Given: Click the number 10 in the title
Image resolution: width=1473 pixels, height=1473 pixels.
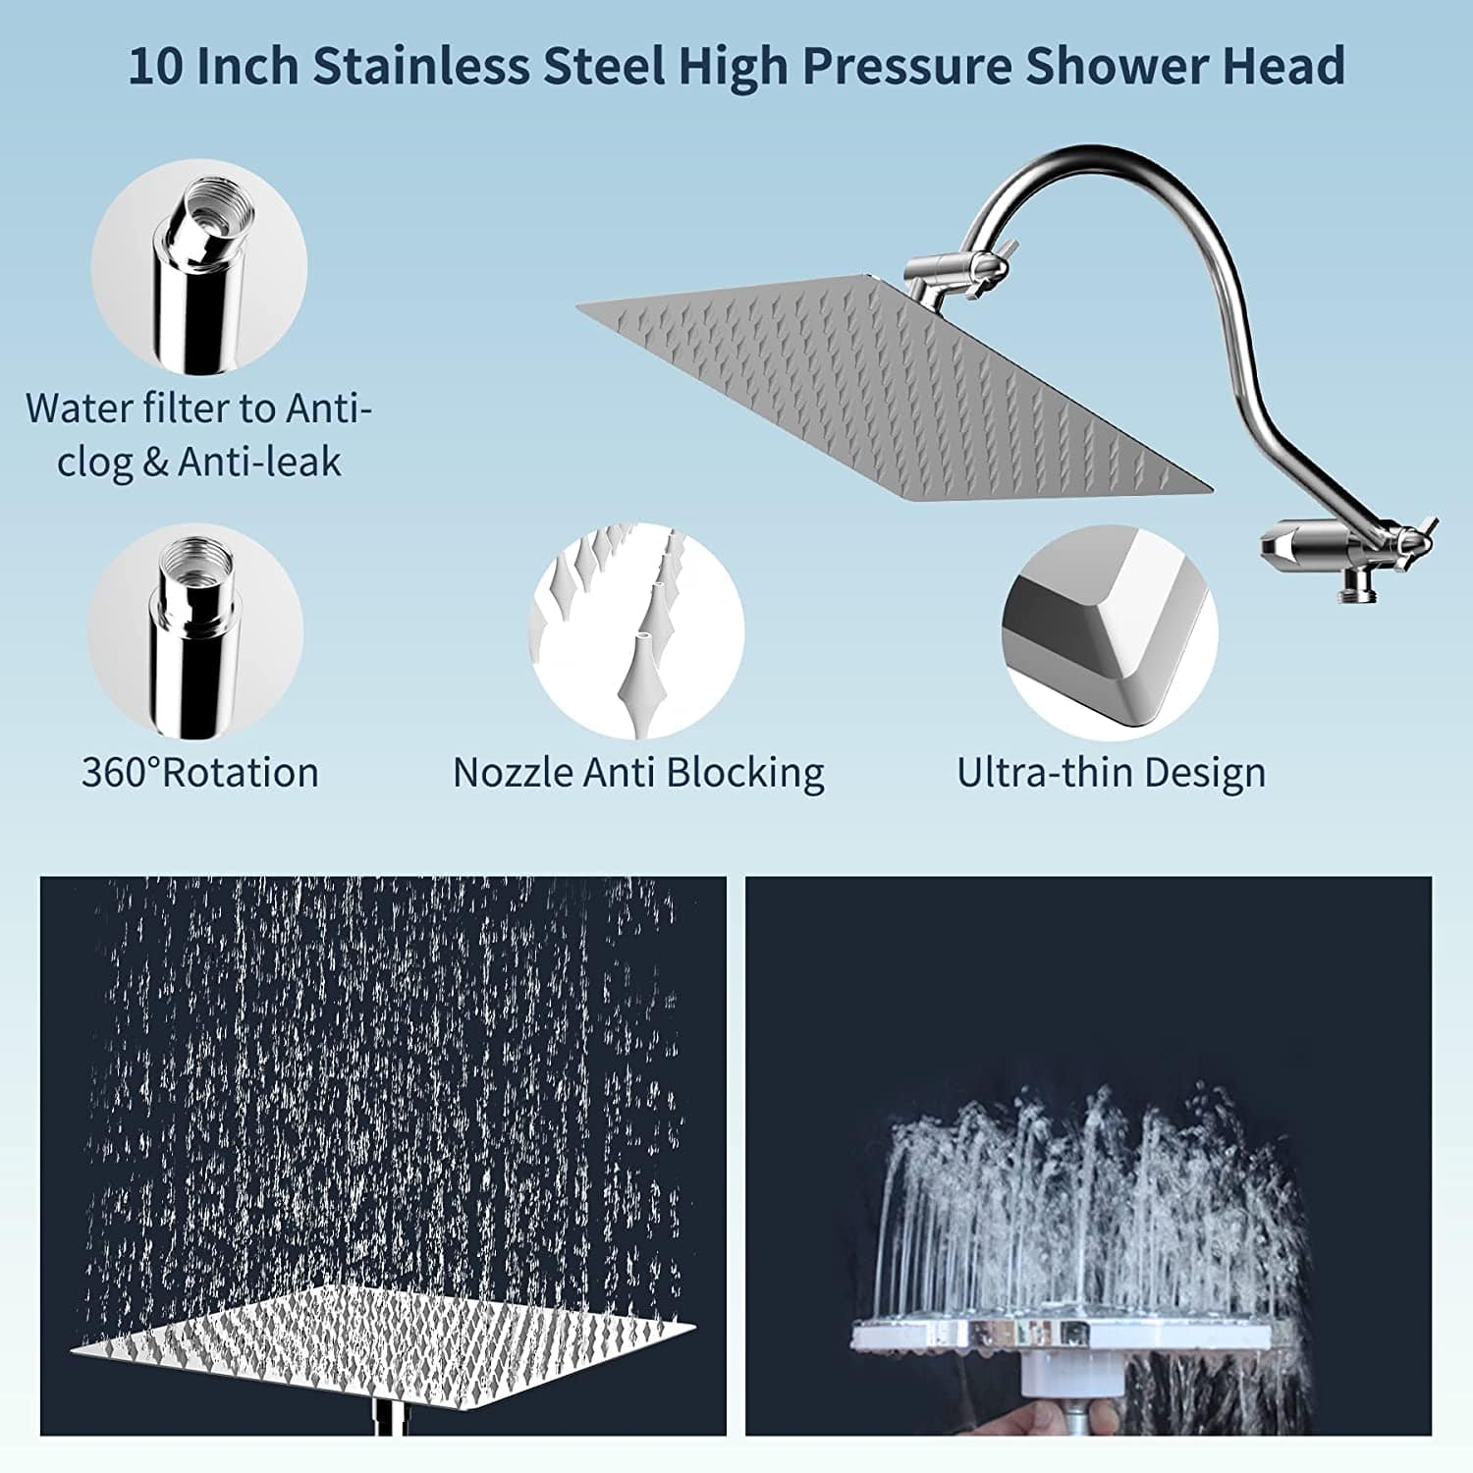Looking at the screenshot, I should (154, 67).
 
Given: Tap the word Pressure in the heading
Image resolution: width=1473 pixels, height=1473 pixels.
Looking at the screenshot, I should (906, 67).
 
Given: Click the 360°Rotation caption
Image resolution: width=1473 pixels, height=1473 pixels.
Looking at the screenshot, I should (200, 773).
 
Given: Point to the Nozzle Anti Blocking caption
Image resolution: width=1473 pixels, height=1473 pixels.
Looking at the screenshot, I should (638, 773).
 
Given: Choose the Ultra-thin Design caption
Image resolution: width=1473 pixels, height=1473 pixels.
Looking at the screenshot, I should (1111, 773).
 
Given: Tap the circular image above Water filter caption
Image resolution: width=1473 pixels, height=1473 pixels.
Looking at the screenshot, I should (199, 267).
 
